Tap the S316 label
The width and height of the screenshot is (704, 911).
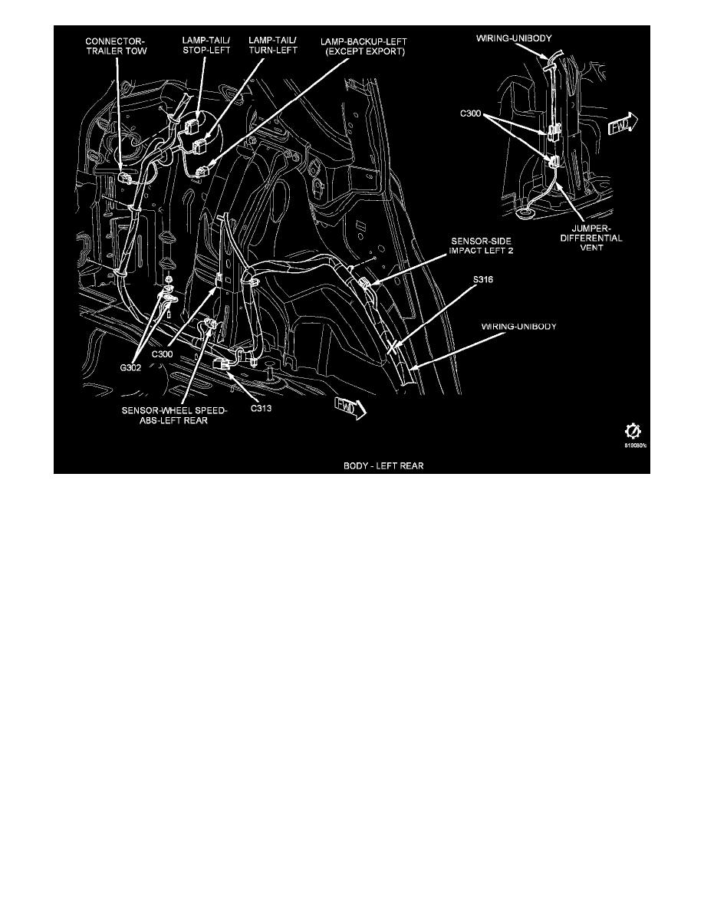point(482,280)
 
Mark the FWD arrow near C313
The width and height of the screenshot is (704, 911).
point(349,409)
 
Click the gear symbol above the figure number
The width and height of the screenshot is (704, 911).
point(634,430)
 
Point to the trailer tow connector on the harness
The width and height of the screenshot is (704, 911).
point(126,179)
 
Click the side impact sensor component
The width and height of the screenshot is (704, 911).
point(367,288)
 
